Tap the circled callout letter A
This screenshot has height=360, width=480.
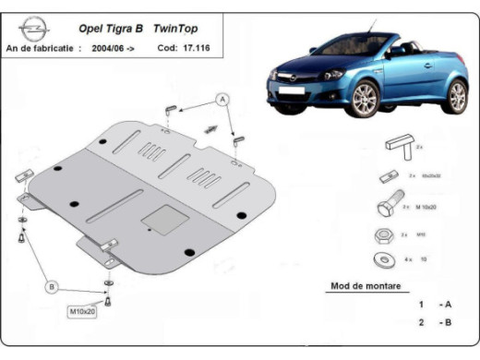[222, 98]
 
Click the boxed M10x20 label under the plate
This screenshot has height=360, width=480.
[83, 310]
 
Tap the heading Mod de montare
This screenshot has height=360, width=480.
[366, 286]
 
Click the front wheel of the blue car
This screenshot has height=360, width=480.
[366, 97]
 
